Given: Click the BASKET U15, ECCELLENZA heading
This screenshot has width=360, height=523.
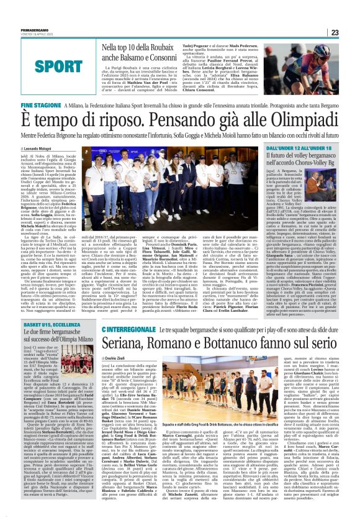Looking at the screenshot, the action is click(x=47, y=325).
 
